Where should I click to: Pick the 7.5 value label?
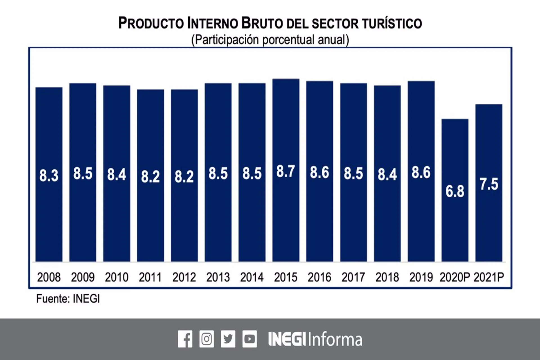[x=489, y=184]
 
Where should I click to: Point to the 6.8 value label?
[x=455, y=191]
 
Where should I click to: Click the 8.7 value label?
[x=286, y=171]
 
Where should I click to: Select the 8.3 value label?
[x=49, y=175]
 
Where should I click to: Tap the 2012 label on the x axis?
[x=184, y=277]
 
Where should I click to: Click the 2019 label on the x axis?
[x=421, y=277]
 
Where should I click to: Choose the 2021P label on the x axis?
[x=489, y=277]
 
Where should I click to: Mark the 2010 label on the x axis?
[x=116, y=277]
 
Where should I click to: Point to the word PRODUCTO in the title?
[x=151, y=23]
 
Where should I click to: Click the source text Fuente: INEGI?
[x=68, y=299]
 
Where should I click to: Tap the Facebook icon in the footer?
[x=185, y=339]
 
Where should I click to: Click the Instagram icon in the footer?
[x=206, y=339]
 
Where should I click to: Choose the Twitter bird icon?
[x=228, y=339]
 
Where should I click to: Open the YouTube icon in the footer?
[x=249, y=339]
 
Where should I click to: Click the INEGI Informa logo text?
[x=315, y=339]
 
